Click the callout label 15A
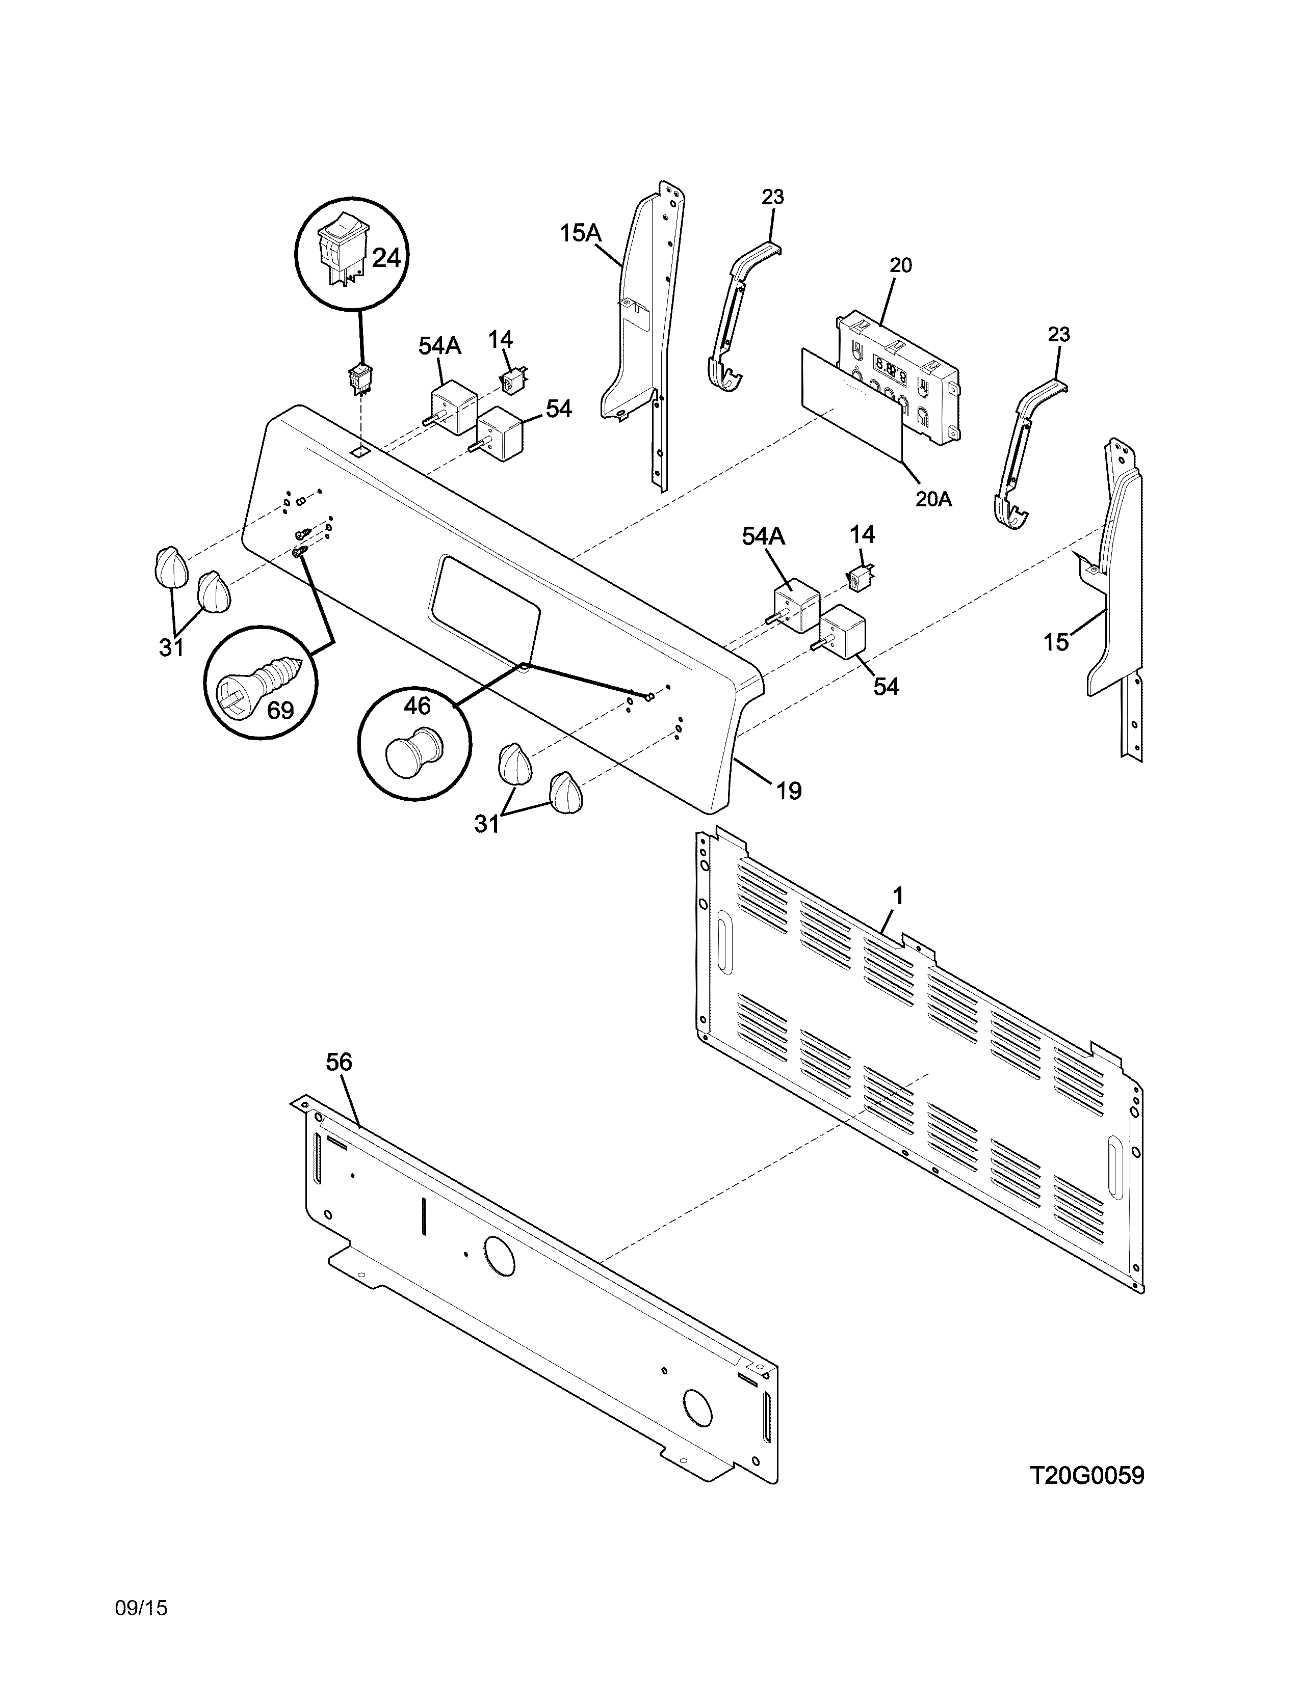click(x=580, y=232)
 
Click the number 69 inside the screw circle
click(x=280, y=710)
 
